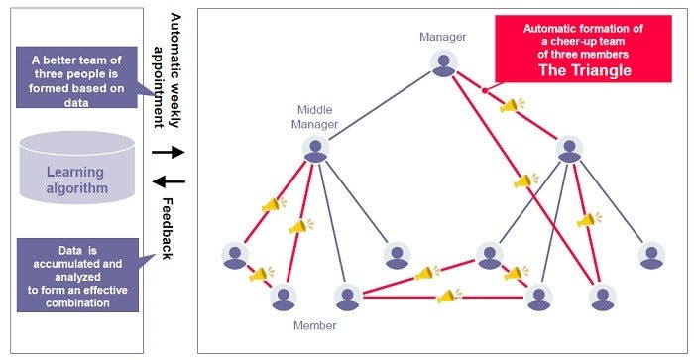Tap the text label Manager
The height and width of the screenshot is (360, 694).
click(x=442, y=37)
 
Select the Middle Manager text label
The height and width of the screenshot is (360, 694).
click(x=315, y=117)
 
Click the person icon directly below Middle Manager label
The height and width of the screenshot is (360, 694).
click(x=316, y=150)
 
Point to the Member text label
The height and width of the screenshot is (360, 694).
click(x=315, y=325)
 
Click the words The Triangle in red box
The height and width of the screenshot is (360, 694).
click(x=582, y=70)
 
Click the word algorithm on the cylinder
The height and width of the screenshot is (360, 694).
click(x=76, y=188)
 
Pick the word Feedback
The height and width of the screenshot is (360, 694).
click(x=166, y=226)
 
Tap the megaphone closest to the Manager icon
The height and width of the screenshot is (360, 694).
click(x=509, y=104)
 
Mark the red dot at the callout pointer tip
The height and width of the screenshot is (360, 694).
click(x=484, y=90)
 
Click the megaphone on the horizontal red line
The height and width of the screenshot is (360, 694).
click(x=444, y=296)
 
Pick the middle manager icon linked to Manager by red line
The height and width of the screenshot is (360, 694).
click(x=568, y=150)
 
